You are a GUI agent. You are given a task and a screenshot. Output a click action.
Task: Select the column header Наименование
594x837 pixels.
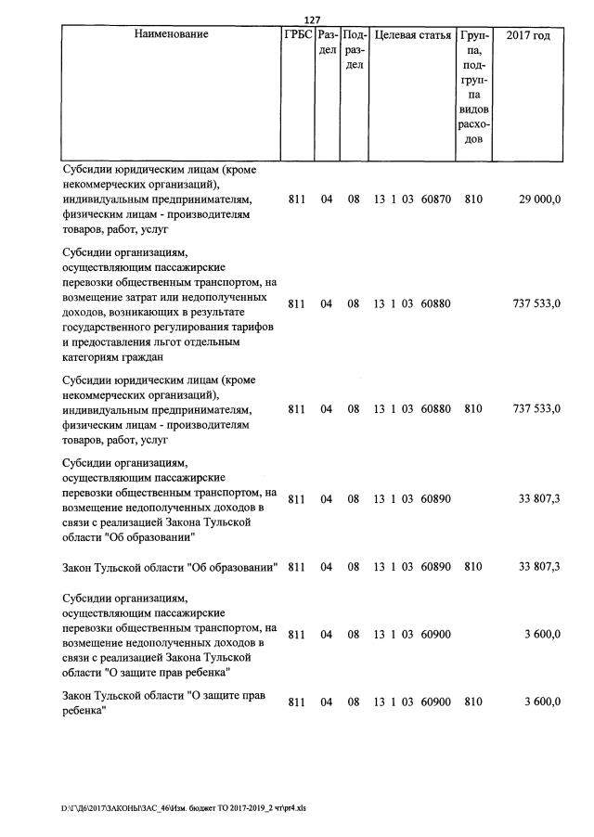[172, 35]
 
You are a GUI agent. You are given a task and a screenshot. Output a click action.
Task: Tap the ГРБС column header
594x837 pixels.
[298, 35]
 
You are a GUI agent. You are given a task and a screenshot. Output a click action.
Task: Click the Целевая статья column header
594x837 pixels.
[412, 35]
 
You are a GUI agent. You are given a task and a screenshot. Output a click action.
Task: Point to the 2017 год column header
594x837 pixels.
[528, 35]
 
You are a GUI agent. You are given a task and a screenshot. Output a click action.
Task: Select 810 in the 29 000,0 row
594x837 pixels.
[473, 199]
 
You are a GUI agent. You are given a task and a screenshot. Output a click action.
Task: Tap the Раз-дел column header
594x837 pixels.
[327, 43]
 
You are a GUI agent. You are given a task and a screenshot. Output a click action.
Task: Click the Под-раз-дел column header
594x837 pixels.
[355, 50]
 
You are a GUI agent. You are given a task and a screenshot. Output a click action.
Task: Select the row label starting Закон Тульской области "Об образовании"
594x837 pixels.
[171, 566]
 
